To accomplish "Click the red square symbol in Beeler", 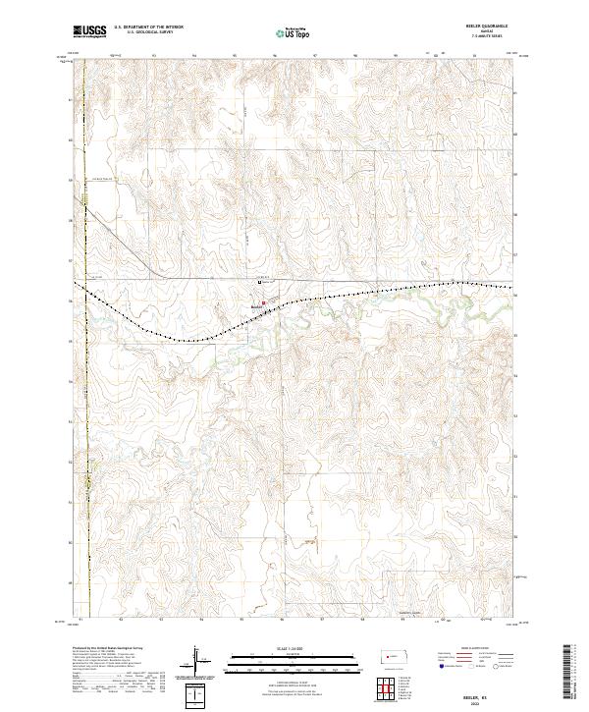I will pyautogui.click(x=262, y=302).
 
